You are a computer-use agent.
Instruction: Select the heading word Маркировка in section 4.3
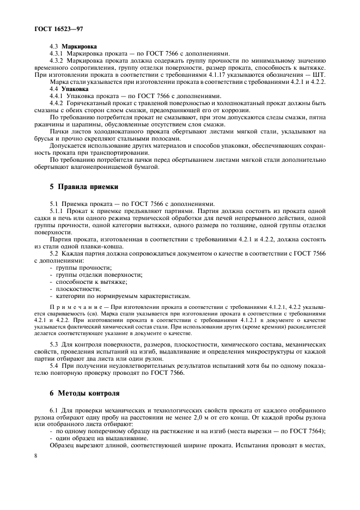pos(78,47)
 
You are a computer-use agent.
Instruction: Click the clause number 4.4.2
pos(58,102)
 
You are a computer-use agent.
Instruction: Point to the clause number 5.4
pos(54,366)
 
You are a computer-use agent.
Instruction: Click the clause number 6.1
pos(54,409)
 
